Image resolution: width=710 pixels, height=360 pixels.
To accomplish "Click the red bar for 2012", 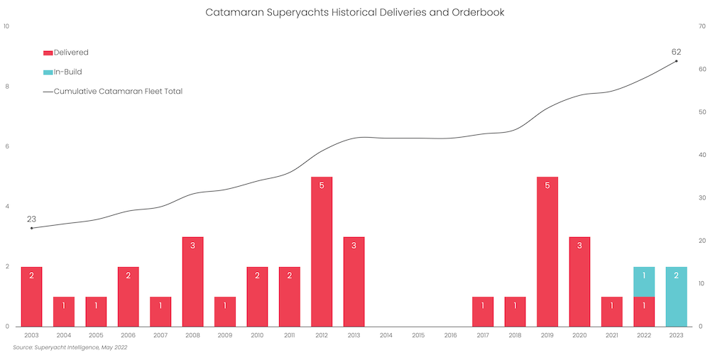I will (322, 251).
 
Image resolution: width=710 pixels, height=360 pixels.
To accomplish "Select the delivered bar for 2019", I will (547, 251).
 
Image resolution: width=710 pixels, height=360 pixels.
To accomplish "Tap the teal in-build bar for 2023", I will (676, 296).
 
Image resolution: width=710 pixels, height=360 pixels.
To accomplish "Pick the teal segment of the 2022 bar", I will (644, 281).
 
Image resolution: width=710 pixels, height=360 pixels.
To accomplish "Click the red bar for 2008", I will (192, 281).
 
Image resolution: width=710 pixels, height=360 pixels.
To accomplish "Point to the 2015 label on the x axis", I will (418, 335).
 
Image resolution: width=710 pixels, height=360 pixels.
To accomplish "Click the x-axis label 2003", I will (31, 335).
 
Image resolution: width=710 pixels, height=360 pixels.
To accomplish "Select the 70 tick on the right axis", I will (701, 26).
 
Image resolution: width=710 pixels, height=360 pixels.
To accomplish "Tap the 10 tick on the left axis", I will (6, 26).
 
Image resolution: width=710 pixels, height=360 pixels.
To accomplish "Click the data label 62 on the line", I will (676, 52).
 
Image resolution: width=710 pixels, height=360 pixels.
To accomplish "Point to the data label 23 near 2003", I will (31, 219).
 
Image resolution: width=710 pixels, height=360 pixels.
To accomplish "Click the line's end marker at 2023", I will (676, 61).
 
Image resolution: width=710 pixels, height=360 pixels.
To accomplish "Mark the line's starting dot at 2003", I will (31, 228).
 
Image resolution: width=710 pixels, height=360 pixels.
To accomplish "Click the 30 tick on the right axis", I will (701, 197).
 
